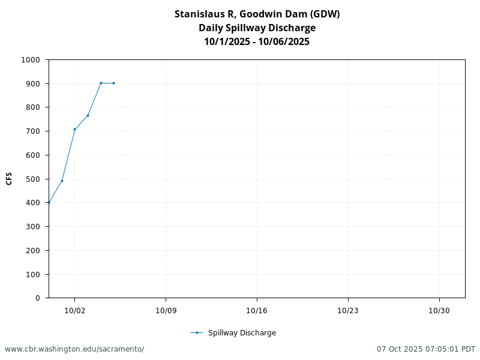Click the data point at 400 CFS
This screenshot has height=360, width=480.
click(x=49, y=203)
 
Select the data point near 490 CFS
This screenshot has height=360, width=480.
click(x=62, y=181)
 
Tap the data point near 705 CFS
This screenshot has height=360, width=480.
click(x=74, y=130)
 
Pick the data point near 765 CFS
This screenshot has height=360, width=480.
click(x=88, y=115)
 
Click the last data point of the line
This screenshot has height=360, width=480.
click(x=113, y=83)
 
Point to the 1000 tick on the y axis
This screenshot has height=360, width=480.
click(x=30, y=60)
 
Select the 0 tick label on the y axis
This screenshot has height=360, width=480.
click(x=37, y=298)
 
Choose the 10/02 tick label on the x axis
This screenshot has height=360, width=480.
click(x=74, y=310)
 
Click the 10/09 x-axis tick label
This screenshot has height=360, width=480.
click(x=166, y=310)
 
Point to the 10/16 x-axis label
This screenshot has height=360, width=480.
click(x=257, y=310)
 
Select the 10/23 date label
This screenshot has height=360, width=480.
click(x=348, y=310)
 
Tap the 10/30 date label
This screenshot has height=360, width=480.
click(x=439, y=310)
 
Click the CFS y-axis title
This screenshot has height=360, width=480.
click(x=9, y=179)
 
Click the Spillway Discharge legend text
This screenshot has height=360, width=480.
click(x=242, y=333)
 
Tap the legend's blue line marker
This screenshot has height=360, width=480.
click(x=197, y=333)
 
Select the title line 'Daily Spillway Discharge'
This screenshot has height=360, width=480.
click(x=257, y=28)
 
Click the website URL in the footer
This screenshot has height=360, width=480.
click(x=74, y=349)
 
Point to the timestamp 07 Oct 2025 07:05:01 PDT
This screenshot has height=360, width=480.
click(x=426, y=349)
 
